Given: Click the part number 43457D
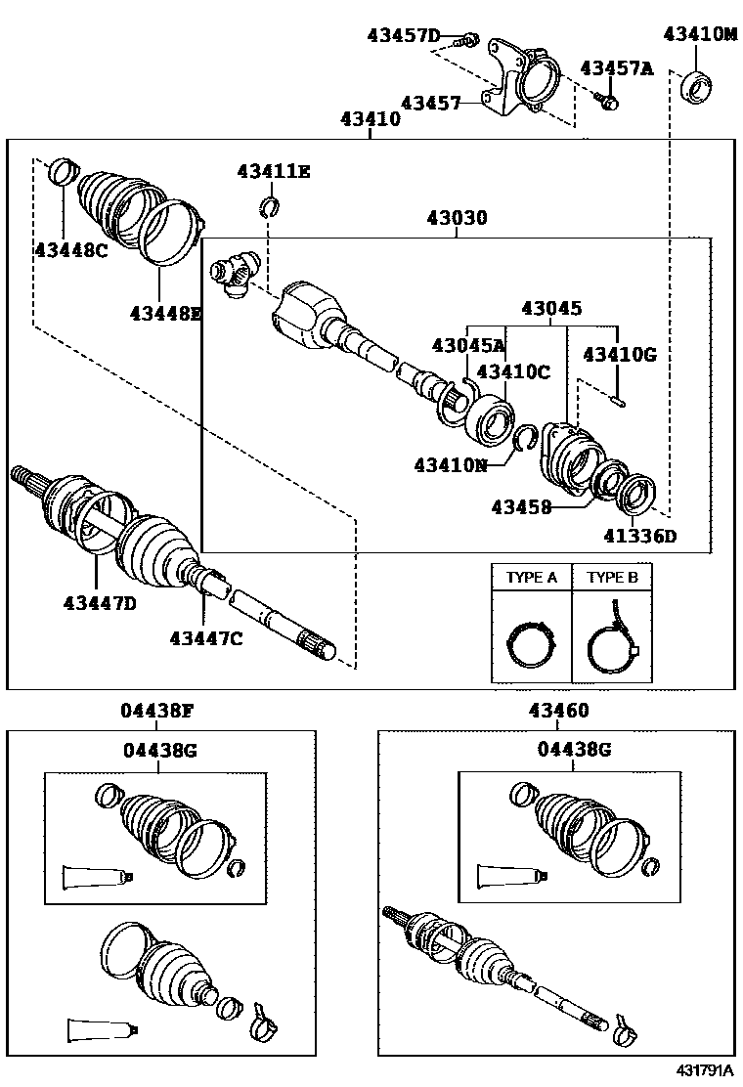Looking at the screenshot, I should [404, 36].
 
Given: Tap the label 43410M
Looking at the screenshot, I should [700, 33].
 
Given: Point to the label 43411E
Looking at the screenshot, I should [273, 172].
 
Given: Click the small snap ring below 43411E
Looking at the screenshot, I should [271, 206].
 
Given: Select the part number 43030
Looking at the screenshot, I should [456, 218].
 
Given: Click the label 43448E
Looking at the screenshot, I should [165, 313].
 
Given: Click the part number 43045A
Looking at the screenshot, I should [468, 344].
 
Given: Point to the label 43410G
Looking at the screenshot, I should [620, 353].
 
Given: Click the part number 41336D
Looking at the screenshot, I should [639, 535].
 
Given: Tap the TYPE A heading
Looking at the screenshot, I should [531, 578].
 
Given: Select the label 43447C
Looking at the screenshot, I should [205, 638].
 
